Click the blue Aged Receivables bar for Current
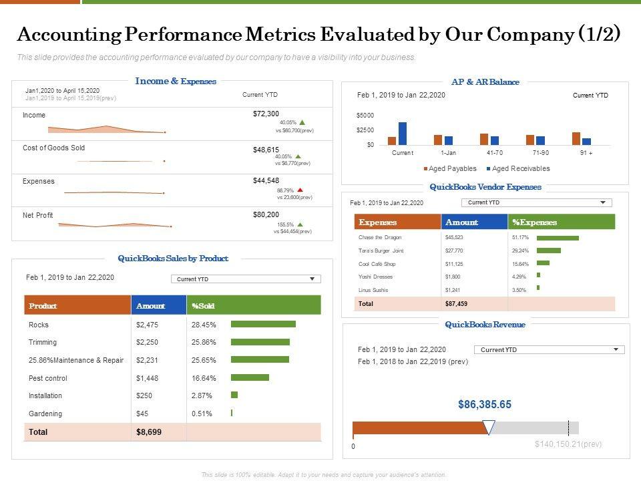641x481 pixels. pyautogui.click(x=403, y=134)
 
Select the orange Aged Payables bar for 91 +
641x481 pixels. pyautogui.click(x=576, y=138)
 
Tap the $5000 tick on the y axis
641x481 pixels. pyautogui.click(x=365, y=116)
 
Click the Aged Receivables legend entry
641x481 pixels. pyautogui.click(x=517, y=168)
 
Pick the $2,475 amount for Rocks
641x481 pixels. pyautogui.click(x=147, y=325)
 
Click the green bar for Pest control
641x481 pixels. pyautogui.click(x=250, y=377)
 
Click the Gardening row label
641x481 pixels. pyautogui.click(x=45, y=414)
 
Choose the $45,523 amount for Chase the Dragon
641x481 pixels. pyautogui.click(x=454, y=237)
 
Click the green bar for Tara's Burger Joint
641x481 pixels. pyautogui.click(x=549, y=251)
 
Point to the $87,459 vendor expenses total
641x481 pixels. pyautogui.click(x=456, y=303)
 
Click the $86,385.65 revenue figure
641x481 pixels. pyautogui.click(x=485, y=404)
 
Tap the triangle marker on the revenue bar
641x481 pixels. pyautogui.click(x=489, y=428)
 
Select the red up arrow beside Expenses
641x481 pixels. pyautogui.click(x=300, y=190)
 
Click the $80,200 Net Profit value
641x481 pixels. pyautogui.click(x=266, y=214)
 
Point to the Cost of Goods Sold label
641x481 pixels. pyautogui.click(x=54, y=148)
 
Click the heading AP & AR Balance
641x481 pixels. pyautogui.click(x=485, y=82)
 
